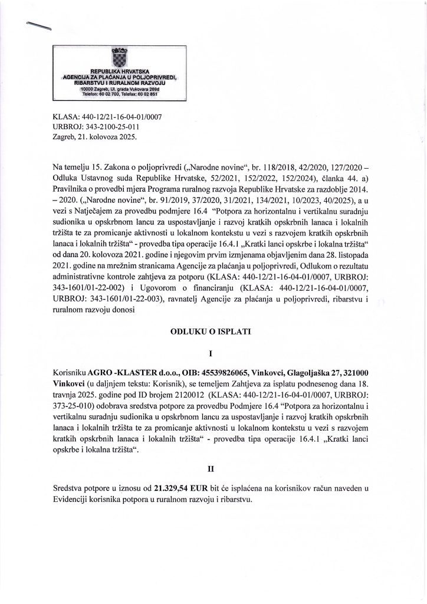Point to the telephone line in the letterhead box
(116, 94)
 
